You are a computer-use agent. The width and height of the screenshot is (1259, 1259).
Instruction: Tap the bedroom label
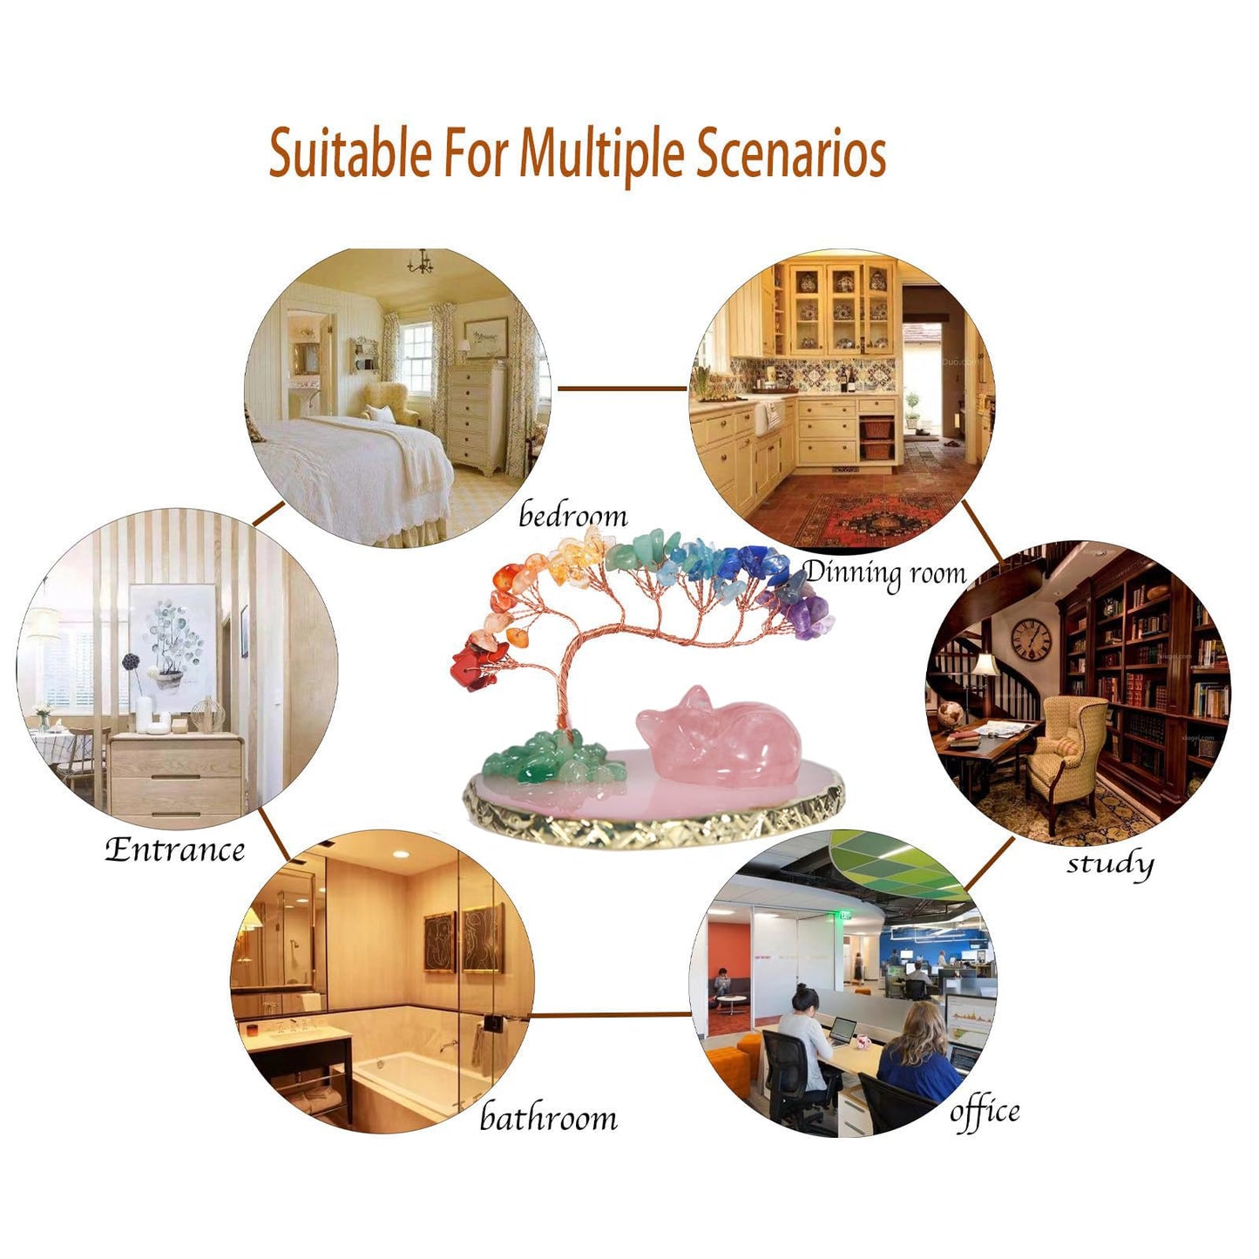573,516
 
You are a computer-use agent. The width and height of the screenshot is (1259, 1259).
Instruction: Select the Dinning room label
885,574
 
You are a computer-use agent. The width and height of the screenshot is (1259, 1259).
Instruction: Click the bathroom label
548,1117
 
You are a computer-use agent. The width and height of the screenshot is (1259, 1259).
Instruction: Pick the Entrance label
175,850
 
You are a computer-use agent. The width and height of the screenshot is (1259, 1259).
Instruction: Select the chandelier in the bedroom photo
420,262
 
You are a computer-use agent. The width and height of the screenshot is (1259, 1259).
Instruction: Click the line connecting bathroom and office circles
611,1015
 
